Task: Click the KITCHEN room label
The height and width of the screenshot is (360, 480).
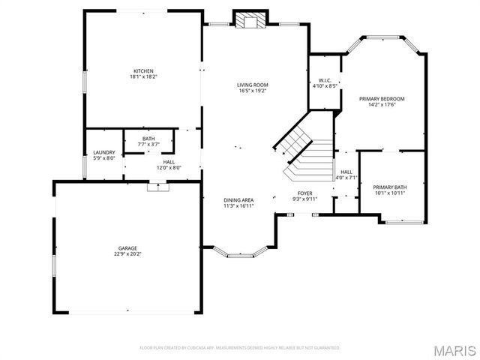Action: click(x=143, y=71)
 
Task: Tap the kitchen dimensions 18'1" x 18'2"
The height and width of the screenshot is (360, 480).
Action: click(x=143, y=77)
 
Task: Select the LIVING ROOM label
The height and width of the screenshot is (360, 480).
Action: click(x=253, y=85)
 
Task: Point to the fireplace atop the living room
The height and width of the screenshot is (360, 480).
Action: click(x=249, y=19)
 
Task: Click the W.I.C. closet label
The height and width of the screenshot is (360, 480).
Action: click(x=325, y=80)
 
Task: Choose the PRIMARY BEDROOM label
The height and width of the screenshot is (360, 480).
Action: click(x=382, y=99)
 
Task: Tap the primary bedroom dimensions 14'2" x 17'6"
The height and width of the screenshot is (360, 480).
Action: click(x=382, y=105)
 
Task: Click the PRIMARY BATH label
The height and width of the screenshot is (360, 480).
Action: click(x=390, y=187)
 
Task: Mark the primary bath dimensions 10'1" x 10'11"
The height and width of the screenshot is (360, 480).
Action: click(x=390, y=193)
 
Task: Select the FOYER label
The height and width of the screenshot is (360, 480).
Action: click(x=305, y=193)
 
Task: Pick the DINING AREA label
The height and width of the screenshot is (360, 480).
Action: click(x=238, y=199)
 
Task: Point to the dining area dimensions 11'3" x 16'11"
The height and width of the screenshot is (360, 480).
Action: click(x=238, y=205)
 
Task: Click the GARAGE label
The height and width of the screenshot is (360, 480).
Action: click(x=127, y=247)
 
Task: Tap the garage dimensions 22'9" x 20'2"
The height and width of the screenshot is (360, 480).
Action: click(x=127, y=253)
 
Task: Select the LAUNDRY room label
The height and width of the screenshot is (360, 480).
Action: click(x=104, y=152)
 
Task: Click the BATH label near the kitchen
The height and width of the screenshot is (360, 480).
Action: click(x=148, y=139)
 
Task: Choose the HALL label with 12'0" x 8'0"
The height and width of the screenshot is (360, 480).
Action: click(x=169, y=162)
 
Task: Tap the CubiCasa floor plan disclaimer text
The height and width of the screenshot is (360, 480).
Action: click(x=240, y=347)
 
